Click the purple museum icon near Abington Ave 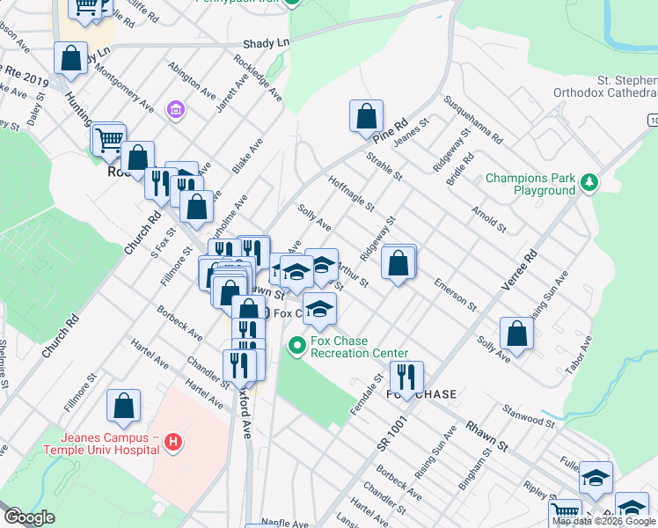[x=177, y=109]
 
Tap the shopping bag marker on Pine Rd [x=366, y=116]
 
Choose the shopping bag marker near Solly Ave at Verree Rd [x=516, y=334]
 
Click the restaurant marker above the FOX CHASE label [x=406, y=377]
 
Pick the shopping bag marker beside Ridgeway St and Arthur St [x=398, y=261]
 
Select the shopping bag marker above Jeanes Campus [x=124, y=406]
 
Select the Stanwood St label [x=528, y=415]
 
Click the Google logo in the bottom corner [x=29, y=517]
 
